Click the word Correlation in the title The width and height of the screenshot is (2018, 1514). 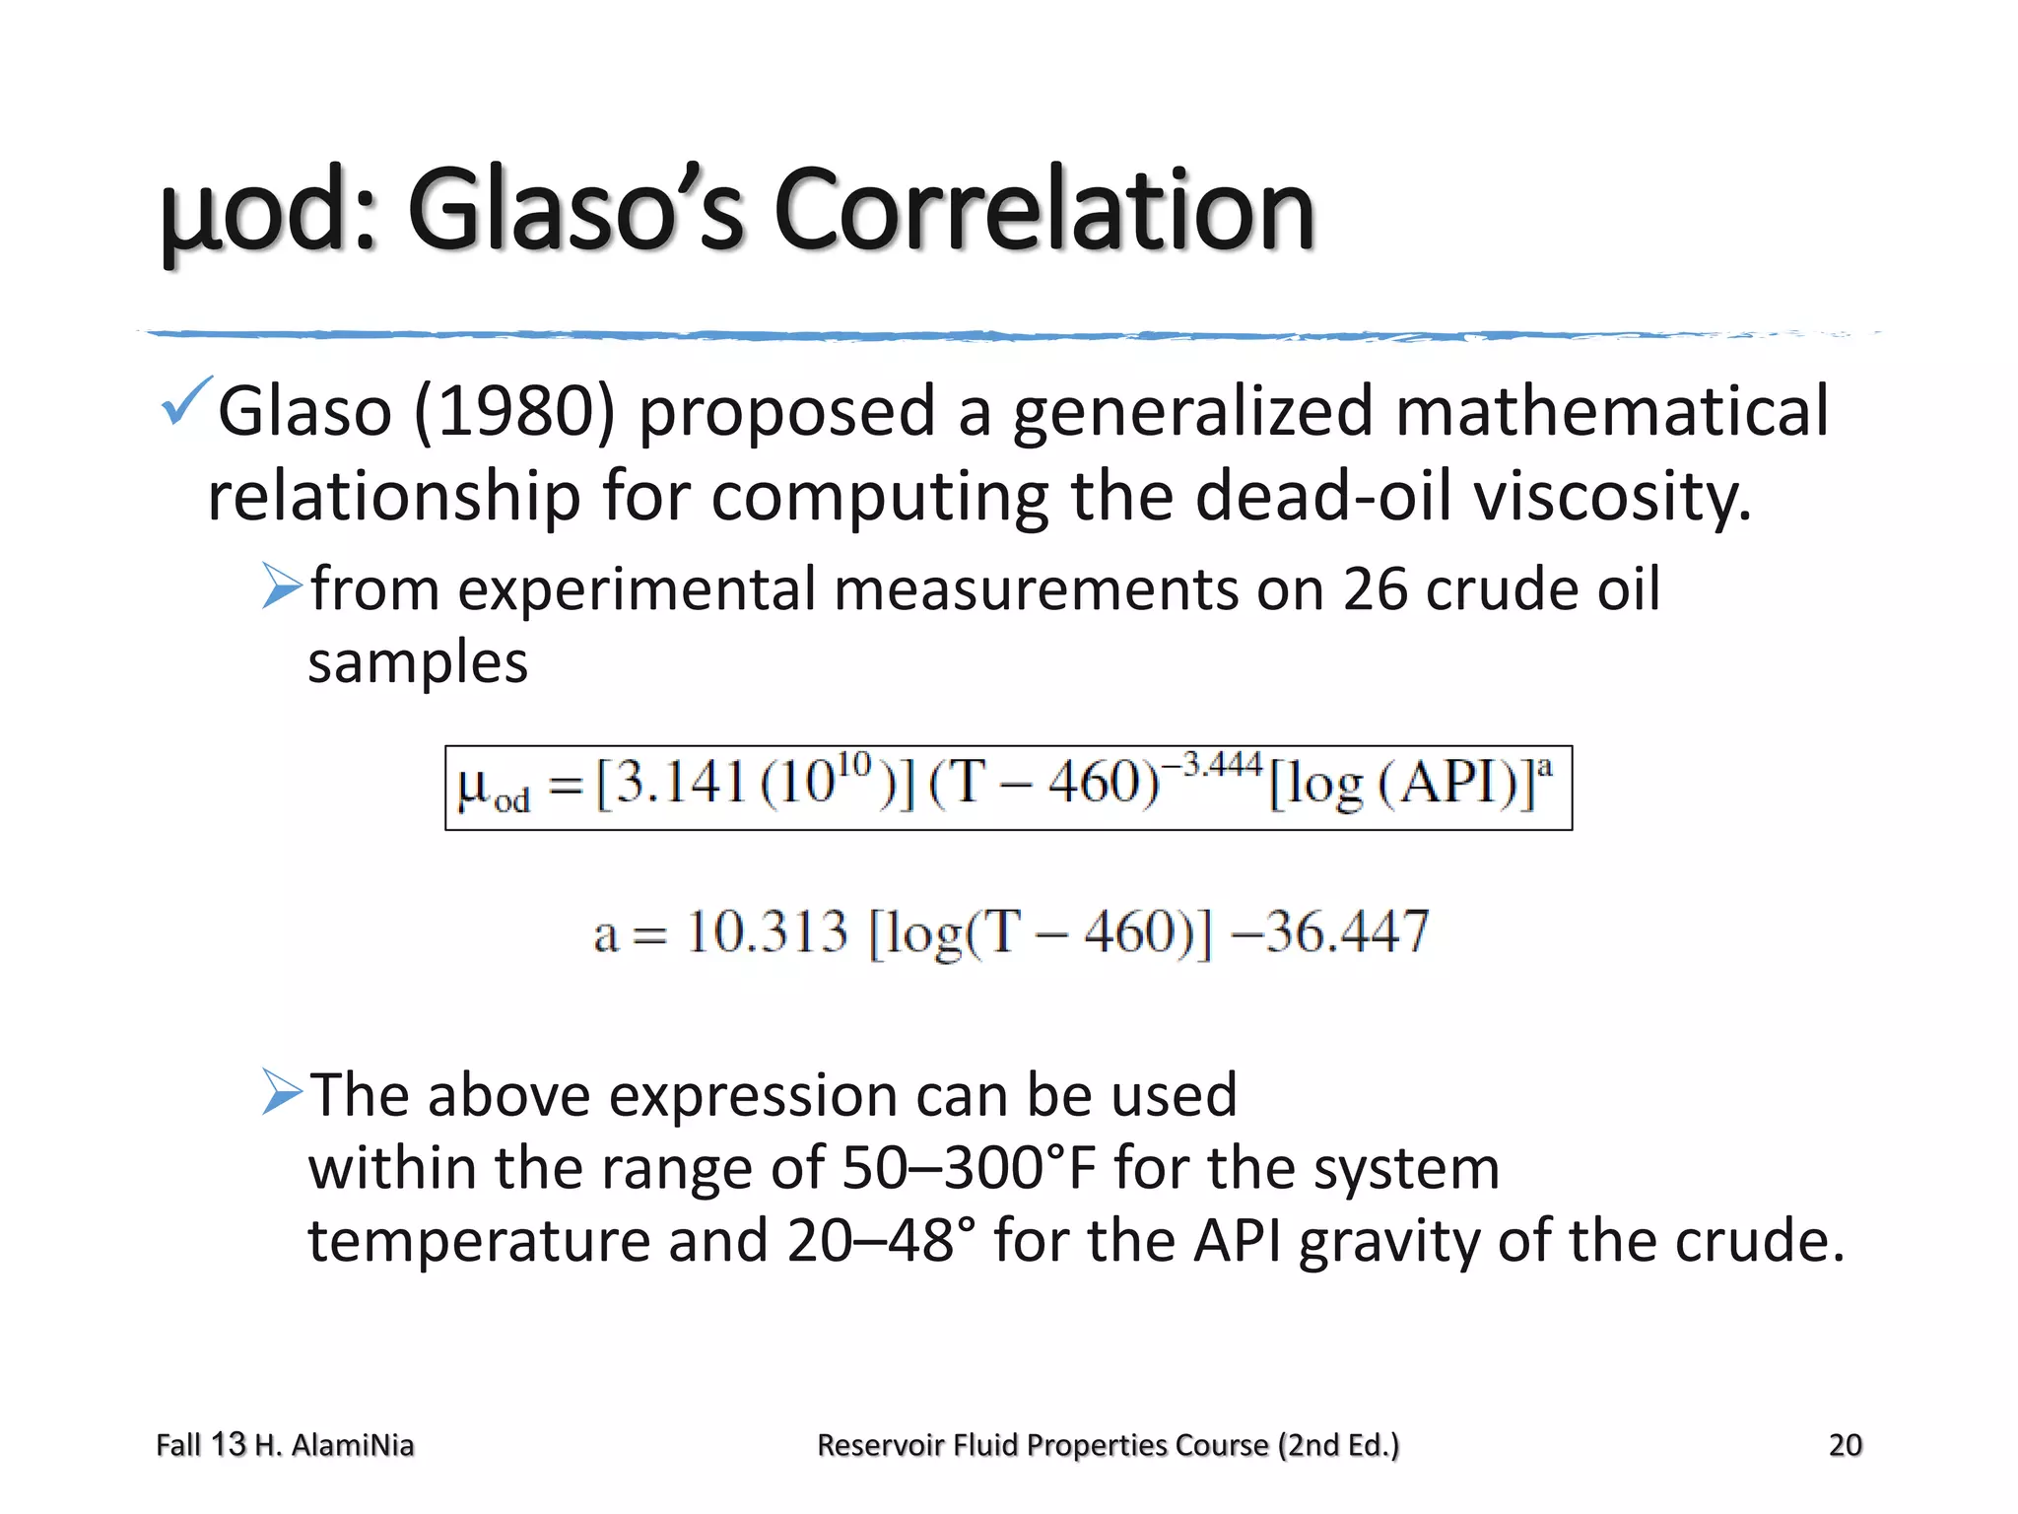point(1044,210)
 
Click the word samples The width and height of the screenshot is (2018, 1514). point(418,662)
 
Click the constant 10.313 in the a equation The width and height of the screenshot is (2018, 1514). point(767,931)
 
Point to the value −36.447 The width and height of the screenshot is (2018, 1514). point(1330,931)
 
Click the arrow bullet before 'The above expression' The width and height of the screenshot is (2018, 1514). point(282,1092)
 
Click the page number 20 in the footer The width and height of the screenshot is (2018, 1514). point(1845,1445)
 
